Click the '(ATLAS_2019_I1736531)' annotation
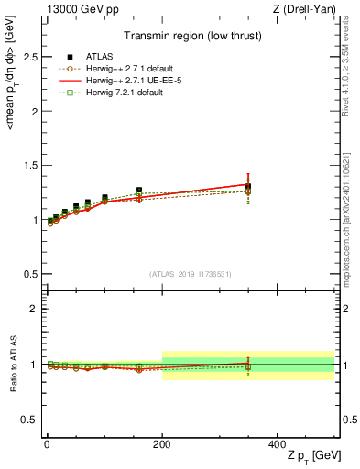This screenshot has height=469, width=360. coord(190,274)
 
